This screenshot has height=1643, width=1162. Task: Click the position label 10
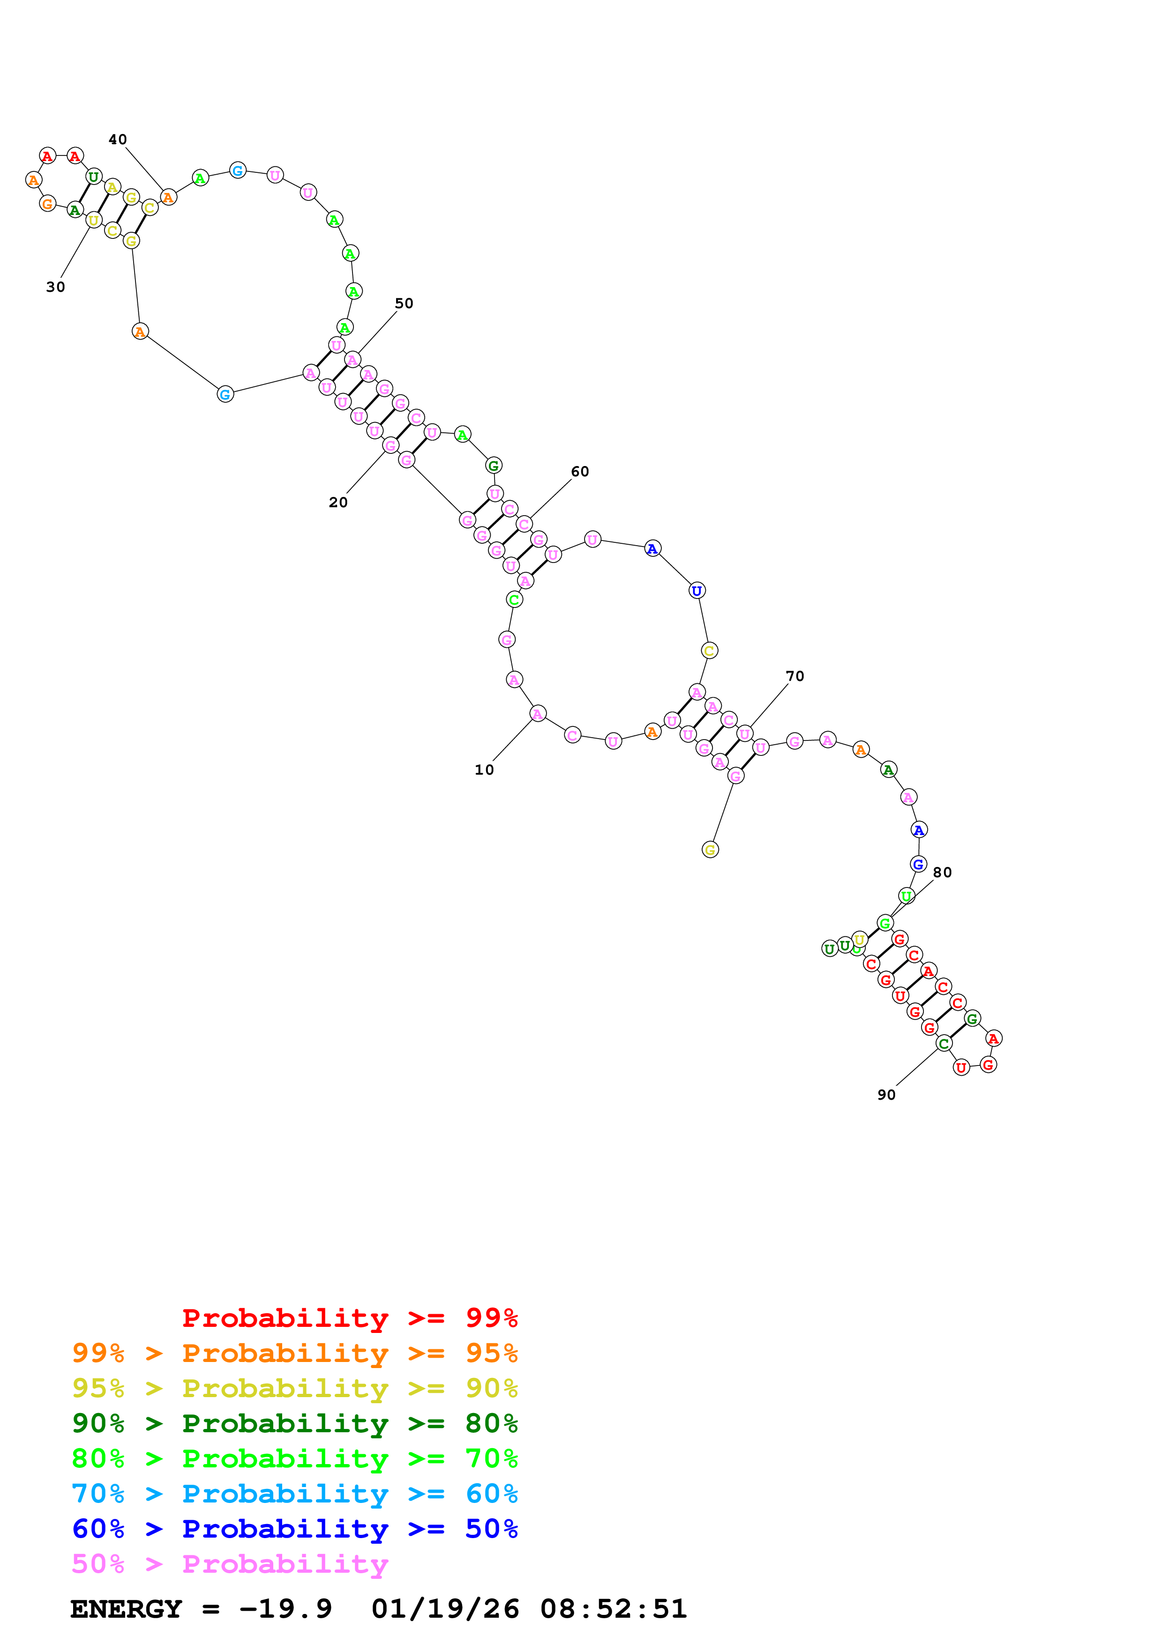pos(484,770)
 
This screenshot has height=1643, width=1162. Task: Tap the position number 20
pos(338,503)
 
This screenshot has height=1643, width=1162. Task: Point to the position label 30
pos(55,287)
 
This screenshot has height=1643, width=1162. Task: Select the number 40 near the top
pos(117,140)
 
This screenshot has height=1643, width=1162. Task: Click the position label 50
pos(404,303)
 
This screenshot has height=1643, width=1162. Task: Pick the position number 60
pos(580,472)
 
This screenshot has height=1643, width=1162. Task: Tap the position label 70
pos(795,676)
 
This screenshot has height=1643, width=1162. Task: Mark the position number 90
pos(886,1095)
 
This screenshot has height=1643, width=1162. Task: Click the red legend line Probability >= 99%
pos(349,1318)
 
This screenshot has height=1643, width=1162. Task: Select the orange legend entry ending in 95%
pos(294,1353)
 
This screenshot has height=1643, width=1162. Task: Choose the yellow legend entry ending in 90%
pos(294,1388)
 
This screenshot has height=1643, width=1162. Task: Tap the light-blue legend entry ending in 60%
pos(294,1494)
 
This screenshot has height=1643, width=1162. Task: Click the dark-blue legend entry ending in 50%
pos(294,1529)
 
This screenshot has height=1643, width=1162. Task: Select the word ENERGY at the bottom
pos(126,1609)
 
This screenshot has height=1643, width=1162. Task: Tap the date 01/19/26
pos(445,1609)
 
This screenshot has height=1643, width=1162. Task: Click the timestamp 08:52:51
pos(614,1609)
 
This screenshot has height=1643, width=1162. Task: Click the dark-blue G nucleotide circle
pos(918,865)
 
